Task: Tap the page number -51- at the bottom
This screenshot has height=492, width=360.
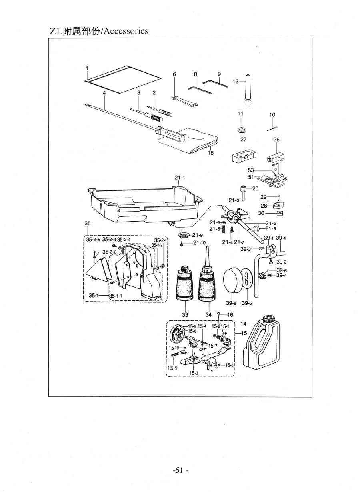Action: pyautogui.click(x=180, y=470)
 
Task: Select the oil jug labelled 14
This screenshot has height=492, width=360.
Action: pyautogui.click(x=262, y=344)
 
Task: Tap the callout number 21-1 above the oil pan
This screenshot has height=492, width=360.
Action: pyautogui.click(x=180, y=178)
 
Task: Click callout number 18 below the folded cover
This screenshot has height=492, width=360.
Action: pyautogui.click(x=210, y=153)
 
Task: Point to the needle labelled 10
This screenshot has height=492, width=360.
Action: pyautogui.click(x=272, y=128)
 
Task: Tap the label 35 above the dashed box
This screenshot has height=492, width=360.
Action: pyautogui.click(x=88, y=223)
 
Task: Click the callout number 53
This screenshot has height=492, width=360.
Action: pyautogui.click(x=251, y=170)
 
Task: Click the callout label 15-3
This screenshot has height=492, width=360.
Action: pyautogui.click(x=194, y=373)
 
